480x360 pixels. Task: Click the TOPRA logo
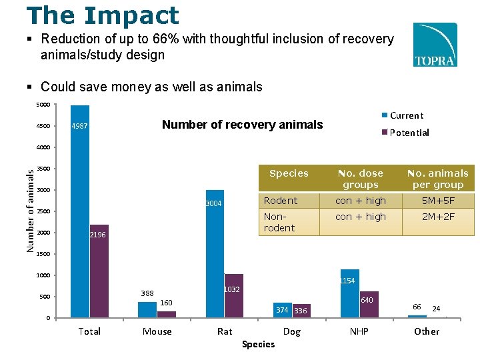(x=435, y=45)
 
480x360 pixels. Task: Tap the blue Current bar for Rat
(x=215, y=253)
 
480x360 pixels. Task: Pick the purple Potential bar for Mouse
(x=167, y=314)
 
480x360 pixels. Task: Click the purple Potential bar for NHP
(x=369, y=304)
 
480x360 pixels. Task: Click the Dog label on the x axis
(x=292, y=331)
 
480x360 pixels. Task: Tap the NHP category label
(x=359, y=331)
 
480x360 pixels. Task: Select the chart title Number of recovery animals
(x=242, y=125)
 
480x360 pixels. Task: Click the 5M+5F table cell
(x=438, y=201)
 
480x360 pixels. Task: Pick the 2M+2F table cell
(x=438, y=217)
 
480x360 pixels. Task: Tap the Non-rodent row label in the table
(x=279, y=222)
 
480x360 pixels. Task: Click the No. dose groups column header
(x=361, y=179)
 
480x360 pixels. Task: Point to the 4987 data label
(x=80, y=127)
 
